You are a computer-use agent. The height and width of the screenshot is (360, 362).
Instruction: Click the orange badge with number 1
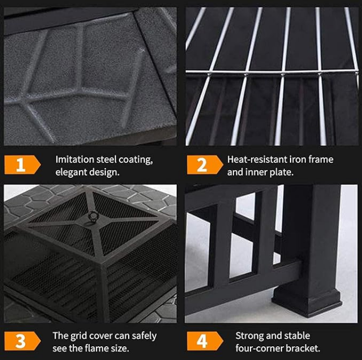click(x=22, y=165)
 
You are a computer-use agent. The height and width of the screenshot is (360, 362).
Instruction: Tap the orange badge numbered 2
click(x=205, y=165)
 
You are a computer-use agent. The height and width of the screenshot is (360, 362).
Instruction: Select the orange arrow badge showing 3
click(x=22, y=341)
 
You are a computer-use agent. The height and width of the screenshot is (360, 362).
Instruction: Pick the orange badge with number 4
click(x=205, y=341)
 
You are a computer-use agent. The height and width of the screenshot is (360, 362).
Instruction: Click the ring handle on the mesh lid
click(x=94, y=217)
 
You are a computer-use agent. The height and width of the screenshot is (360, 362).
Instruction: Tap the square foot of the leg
click(x=307, y=302)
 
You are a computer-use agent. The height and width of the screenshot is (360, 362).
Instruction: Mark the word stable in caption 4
click(x=296, y=336)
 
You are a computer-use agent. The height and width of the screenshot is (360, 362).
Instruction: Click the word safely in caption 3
click(x=144, y=336)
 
